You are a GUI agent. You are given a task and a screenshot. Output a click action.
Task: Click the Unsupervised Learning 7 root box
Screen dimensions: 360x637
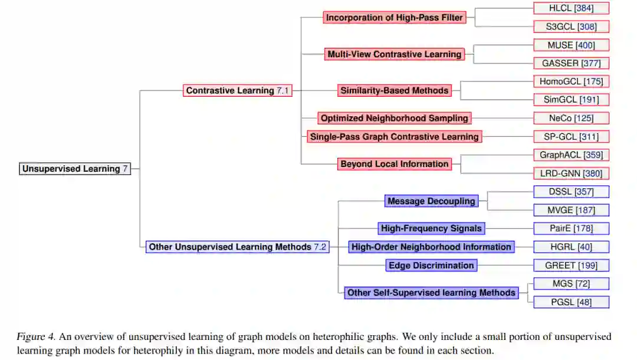point(75,169)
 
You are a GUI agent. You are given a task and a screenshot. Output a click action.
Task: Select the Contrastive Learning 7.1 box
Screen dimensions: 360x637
point(238,90)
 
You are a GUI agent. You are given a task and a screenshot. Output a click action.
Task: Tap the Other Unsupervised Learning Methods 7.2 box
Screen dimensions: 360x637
point(237,247)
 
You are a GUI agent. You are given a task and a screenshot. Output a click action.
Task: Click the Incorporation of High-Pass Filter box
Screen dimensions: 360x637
point(395,18)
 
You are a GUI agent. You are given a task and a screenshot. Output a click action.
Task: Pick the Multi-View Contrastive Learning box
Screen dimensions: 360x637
point(395,54)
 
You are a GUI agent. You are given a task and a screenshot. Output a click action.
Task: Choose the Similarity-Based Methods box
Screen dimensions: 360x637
point(395,90)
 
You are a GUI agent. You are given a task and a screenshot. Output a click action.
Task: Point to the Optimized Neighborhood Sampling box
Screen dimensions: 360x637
point(395,118)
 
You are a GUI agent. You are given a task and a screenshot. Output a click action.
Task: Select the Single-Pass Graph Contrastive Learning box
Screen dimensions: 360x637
point(395,136)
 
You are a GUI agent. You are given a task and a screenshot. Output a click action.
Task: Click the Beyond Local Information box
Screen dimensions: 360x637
point(395,163)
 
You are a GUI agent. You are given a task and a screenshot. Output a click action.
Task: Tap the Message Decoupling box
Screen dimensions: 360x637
point(431,201)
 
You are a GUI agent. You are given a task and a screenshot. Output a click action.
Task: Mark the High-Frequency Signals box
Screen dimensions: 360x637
point(431,228)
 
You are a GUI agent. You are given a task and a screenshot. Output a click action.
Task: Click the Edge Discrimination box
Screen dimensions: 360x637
point(431,266)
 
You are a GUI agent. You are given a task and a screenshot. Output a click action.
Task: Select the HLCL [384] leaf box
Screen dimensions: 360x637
point(571,8)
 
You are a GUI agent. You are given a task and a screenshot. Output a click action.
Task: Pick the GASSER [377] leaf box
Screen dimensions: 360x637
point(571,63)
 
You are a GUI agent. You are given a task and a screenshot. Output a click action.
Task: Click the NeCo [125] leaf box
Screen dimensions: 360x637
point(571,118)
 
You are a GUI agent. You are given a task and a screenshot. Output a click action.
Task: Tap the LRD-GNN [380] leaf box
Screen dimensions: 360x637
point(571,174)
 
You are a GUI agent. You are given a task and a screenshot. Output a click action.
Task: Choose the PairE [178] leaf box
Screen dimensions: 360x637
point(571,228)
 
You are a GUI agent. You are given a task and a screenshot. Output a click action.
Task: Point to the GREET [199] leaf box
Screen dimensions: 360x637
point(571,266)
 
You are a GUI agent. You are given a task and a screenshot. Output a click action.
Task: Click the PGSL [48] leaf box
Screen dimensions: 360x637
point(571,302)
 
